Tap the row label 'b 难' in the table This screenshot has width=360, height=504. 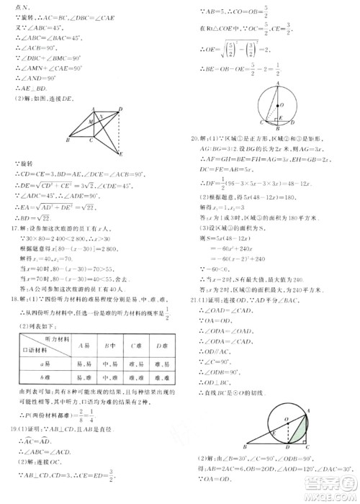coord(45,377)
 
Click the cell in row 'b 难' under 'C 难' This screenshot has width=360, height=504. coord(135,377)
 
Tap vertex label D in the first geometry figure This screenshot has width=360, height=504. coord(120,108)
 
